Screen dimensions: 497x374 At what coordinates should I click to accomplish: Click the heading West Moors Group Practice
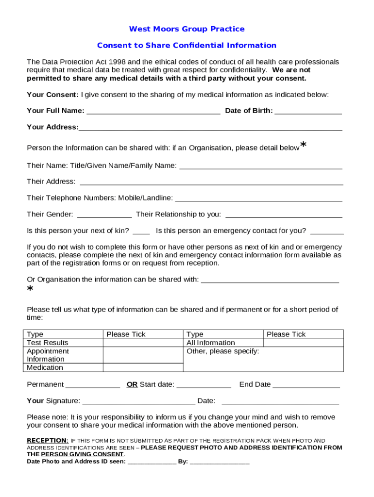coord(187,29)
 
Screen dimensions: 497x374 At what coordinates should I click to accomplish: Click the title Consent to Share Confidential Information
coord(187,45)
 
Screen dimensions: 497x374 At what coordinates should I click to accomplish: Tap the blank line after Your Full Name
coord(153,111)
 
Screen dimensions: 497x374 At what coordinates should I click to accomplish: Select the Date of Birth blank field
coord(308,111)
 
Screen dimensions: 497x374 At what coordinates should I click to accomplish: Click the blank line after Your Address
coord(210,128)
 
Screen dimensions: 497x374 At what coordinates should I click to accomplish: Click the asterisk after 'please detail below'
coord(304,145)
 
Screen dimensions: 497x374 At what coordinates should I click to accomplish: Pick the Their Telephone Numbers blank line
coord(258,199)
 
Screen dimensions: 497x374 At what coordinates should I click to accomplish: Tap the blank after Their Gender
coord(104,215)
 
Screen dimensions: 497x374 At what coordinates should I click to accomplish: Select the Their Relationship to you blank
coord(284,215)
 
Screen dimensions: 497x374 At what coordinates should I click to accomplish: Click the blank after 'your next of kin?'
coord(141,231)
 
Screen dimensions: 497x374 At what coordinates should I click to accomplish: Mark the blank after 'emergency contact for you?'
coord(327,231)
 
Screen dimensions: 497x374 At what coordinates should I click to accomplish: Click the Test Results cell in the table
coord(48,343)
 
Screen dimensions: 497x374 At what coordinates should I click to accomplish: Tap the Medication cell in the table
coord(45,367)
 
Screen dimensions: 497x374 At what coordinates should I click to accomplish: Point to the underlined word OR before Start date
coord(132,384)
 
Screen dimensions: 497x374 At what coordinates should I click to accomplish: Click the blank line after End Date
coord(306,385)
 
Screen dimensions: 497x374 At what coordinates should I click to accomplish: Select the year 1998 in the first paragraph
coord(118,62)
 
